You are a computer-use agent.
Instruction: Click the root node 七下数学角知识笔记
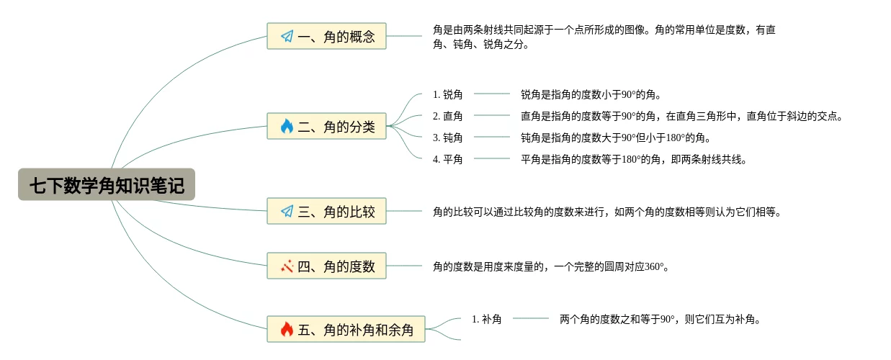coord(107,186)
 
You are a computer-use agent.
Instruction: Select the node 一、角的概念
coord(326,36)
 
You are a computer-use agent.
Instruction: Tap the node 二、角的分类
coord(326,127)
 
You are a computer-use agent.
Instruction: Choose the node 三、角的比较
coord(326,212)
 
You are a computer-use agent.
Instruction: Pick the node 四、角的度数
coord(326,266)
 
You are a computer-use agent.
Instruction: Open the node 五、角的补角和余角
coord(346,329)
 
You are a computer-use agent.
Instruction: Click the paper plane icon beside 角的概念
coord(287,36)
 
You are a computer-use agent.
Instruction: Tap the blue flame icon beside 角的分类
coord(287,127)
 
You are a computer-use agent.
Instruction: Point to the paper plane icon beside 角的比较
coord(287,212)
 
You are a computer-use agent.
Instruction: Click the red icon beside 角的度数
coord(287,266)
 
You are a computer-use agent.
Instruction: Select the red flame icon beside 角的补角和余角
coord(287,329)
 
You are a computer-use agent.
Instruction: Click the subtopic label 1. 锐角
coord(447,94)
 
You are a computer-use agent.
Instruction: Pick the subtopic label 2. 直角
coord(447,116)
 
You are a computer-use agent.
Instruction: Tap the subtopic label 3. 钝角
coord(447,138)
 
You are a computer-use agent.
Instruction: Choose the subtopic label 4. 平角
coord(447,159)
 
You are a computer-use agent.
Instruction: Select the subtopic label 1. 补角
coord(486,319)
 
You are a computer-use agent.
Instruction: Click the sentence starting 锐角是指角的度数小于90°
coord(591,94)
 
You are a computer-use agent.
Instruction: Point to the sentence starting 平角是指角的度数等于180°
coord(634,159)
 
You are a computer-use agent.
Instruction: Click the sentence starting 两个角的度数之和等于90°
coord(660,319)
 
